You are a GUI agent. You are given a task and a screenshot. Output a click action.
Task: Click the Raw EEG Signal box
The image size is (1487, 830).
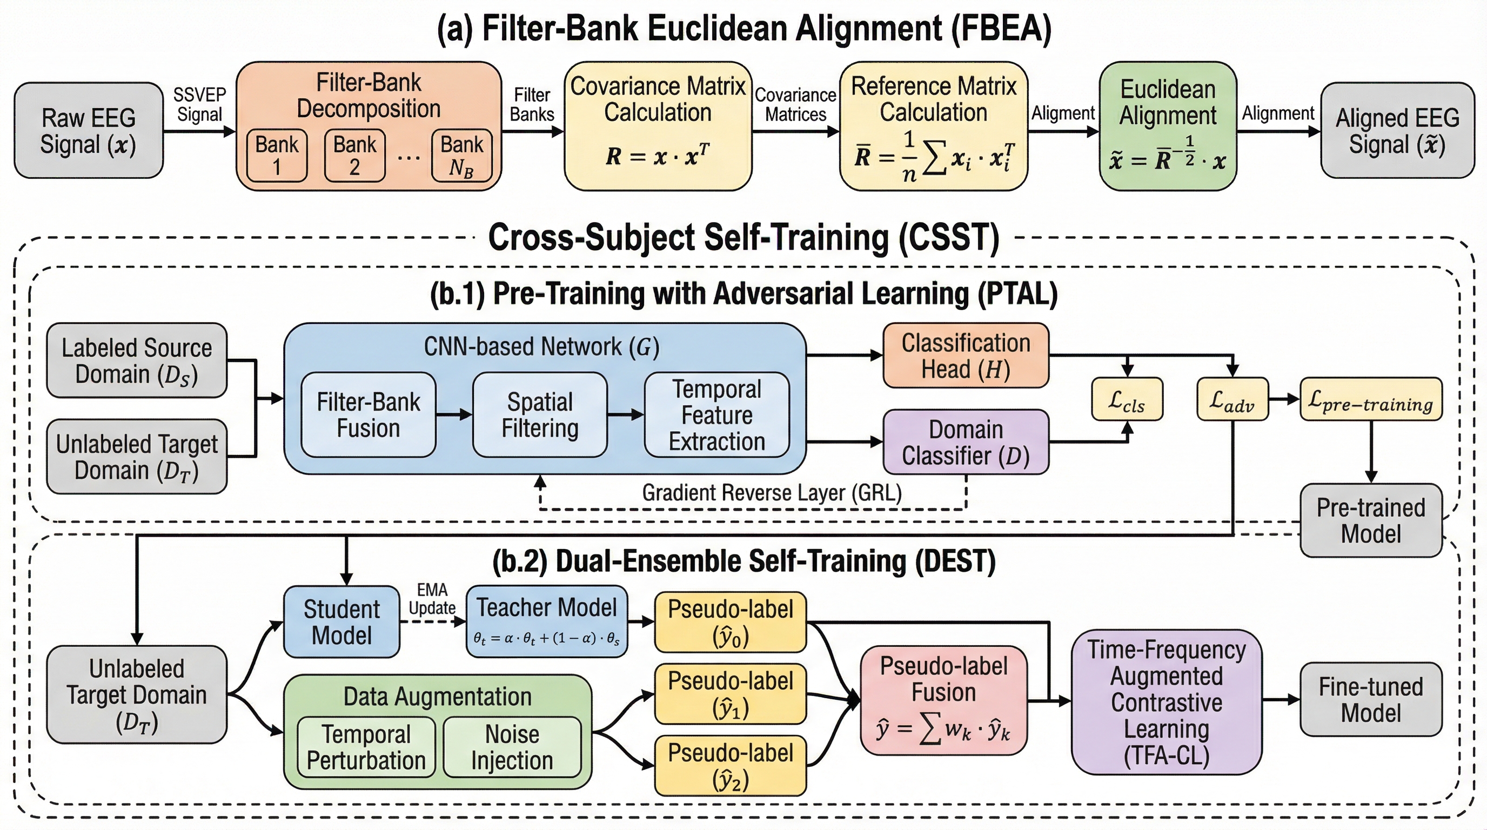point(88,130)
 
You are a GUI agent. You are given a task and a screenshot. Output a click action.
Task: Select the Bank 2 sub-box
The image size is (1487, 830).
point(354,155)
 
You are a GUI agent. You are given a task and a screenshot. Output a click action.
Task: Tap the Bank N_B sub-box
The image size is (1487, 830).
point(461,155)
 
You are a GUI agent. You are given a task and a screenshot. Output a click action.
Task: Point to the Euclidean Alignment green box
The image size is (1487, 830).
point(1167,126)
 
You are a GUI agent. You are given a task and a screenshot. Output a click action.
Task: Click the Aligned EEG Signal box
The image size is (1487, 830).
point(1397,130)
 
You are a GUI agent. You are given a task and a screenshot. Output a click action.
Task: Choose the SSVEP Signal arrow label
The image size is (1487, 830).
point(199,104)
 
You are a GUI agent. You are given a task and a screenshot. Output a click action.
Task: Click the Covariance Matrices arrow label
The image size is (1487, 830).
point(795,104)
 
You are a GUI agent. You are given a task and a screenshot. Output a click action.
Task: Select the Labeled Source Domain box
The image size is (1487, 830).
point(136,361)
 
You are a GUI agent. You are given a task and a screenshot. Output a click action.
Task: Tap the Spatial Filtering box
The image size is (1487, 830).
point(540,415)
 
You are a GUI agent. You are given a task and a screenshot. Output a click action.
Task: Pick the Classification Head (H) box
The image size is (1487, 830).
point(966,356)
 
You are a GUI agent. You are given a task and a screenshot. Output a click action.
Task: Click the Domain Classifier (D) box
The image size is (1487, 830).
point(966,442)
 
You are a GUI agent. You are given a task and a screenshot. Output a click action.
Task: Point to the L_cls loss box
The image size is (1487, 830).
point(1127,399)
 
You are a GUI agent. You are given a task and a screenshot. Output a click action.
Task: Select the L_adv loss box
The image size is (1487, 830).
point(1233,399)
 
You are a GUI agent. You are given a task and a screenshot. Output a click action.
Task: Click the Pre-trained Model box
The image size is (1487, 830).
point(1370,520)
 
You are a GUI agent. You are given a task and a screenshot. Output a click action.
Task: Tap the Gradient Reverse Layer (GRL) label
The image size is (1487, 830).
point(772,492)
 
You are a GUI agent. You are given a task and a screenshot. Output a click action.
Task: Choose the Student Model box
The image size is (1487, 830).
point(341,621)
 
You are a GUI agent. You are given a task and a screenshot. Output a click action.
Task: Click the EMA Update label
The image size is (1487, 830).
point(432,599)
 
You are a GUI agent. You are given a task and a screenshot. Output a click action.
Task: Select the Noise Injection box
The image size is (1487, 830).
point(512,747)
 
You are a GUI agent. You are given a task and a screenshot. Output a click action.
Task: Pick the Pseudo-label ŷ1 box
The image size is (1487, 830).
point(730,694)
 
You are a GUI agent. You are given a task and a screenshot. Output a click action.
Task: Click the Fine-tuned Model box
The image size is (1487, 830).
point(1370,700)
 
